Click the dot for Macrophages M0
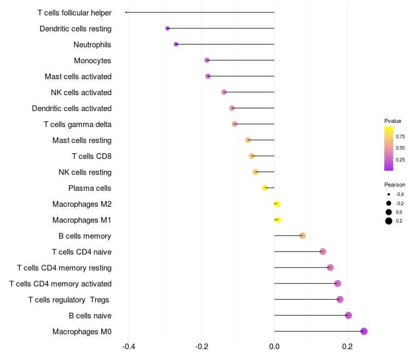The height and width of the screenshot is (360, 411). [x=364, y=331]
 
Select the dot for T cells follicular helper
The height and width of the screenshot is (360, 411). [x=126, y=12]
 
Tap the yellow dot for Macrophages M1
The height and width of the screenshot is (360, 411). [x=278, y=220]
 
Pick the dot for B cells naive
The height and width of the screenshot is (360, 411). [x=348, y=315]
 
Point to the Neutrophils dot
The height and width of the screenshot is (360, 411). [x=176, y=44]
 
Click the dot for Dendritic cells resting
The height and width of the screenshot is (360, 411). [x=167, y=28]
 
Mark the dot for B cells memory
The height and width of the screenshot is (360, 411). [x=303, y=236]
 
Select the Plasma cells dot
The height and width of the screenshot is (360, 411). [x=265, y=188]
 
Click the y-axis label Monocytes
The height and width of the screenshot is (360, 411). [x=92, y=61]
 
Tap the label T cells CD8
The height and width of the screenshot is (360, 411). [x=91, y=156]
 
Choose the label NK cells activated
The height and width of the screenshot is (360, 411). [x=81, y=93]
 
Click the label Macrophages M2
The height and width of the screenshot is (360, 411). [x=82, y=204]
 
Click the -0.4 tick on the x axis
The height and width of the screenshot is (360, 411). [x=128, y=347]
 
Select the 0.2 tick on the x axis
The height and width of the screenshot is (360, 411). [x=347, y=347]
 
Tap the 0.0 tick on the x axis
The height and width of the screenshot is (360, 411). [x=274, y=347]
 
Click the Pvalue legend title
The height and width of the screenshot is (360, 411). [x=393, y=121]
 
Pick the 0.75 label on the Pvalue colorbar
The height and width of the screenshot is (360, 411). [x=400, y=136]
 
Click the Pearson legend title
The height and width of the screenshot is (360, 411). [x=395, y=185]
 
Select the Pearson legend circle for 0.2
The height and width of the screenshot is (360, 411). [x=389, y=221]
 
